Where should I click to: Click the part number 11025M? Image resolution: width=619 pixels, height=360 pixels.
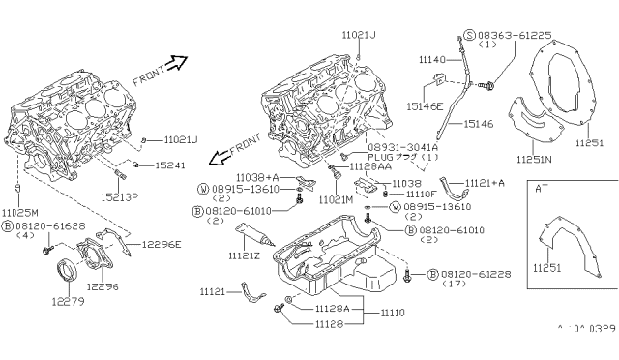tap(19, 212)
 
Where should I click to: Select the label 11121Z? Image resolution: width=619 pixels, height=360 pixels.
tap(220, 255)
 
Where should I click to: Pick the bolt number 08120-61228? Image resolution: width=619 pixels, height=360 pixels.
tap(471, 275)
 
